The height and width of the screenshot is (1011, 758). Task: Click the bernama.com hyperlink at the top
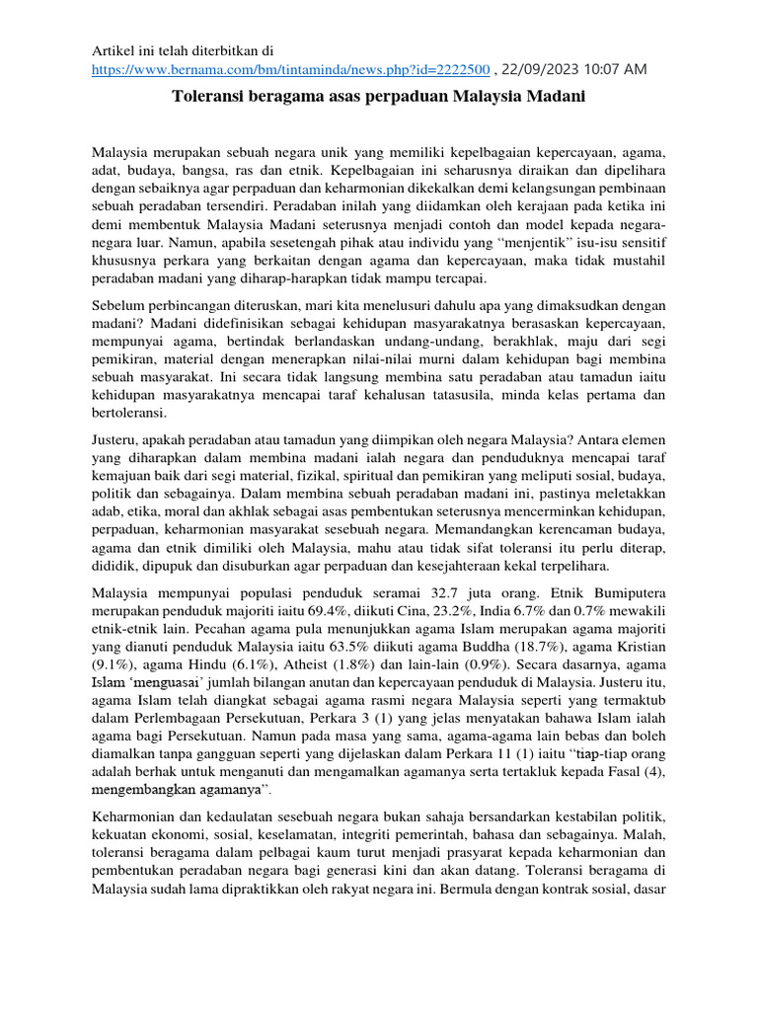click(x=291, y=69)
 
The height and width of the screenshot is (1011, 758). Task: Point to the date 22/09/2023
click(x=541, y=69)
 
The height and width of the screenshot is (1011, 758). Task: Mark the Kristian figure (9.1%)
click(x=110, y=664)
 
